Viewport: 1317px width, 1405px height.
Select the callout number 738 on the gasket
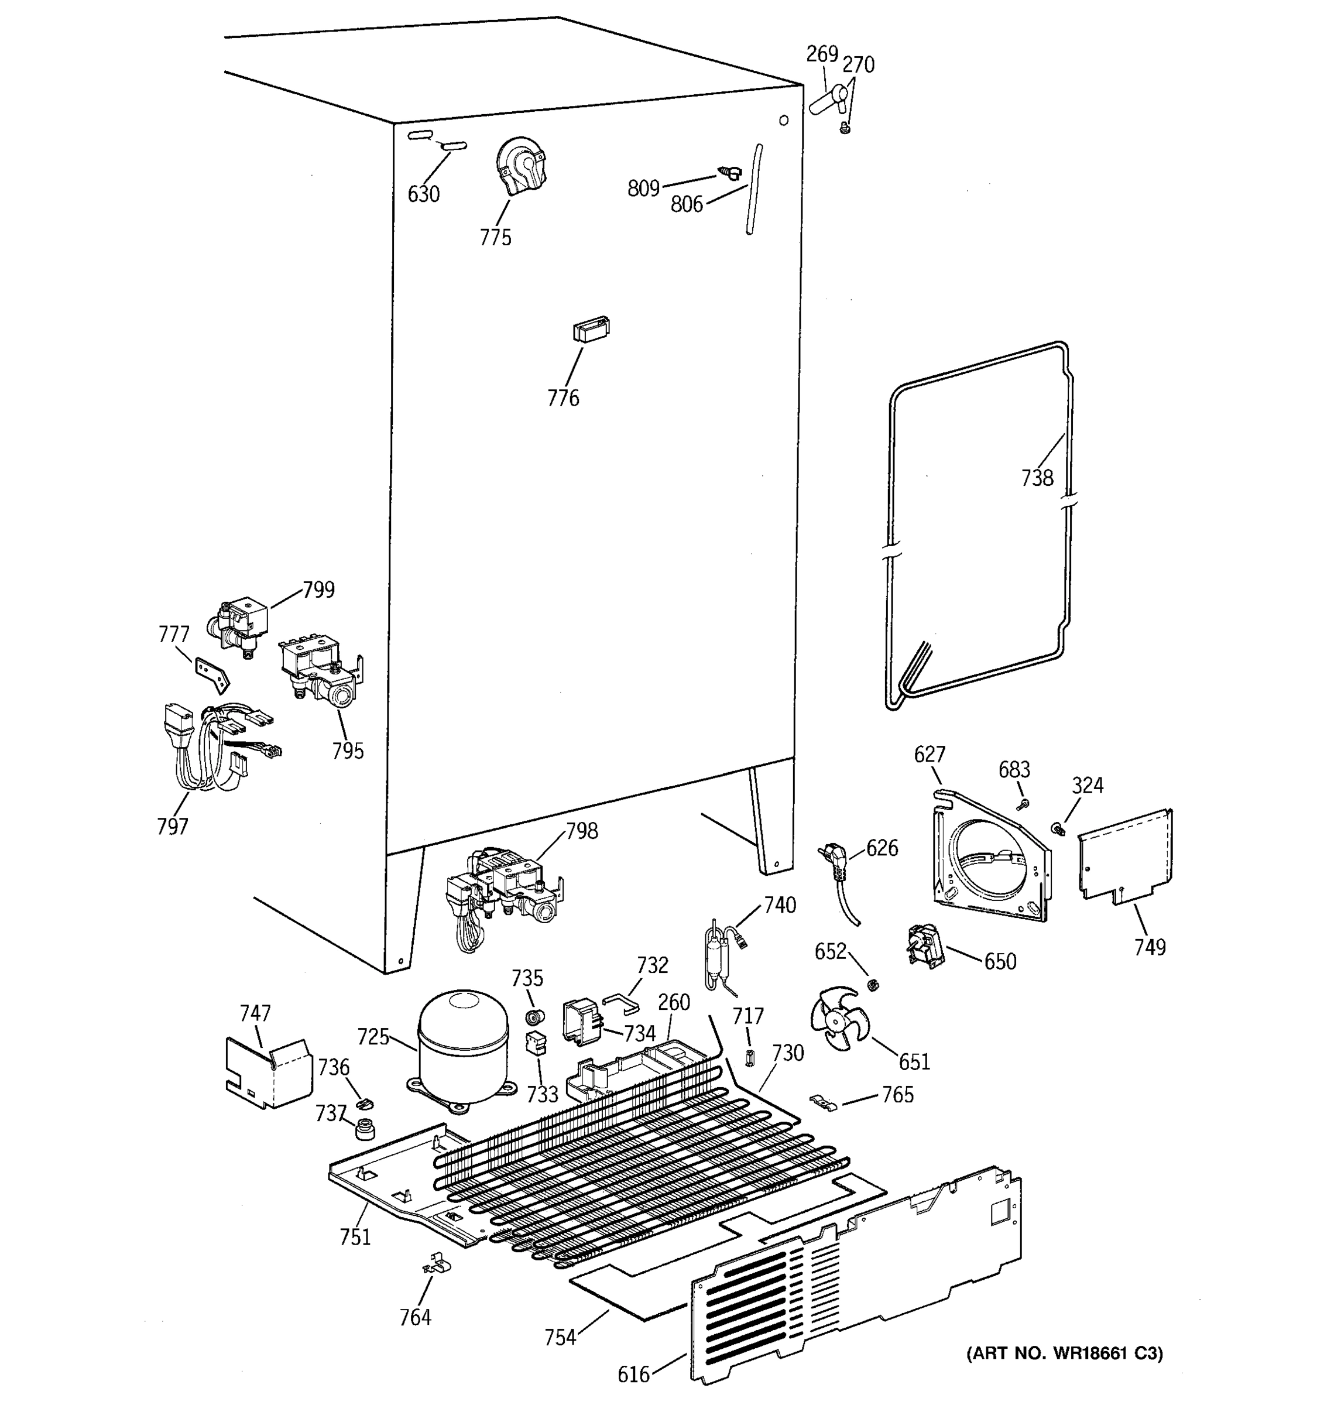tap(1037, 478)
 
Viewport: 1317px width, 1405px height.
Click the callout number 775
tap(495, 238)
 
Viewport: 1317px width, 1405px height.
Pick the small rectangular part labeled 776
tap(591, 330)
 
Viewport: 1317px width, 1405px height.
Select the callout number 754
tap(560, 1337)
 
